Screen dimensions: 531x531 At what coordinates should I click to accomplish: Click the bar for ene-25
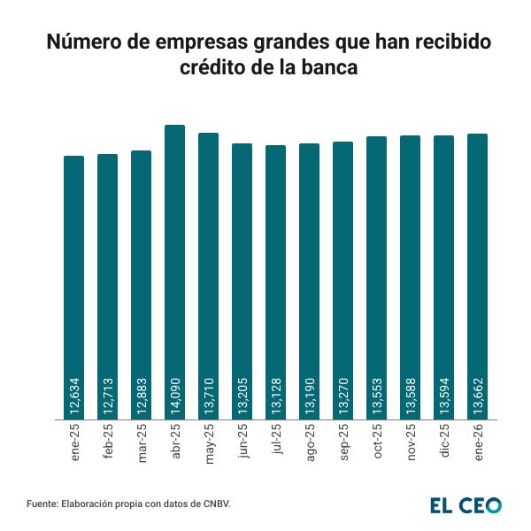click(x=73, y=265)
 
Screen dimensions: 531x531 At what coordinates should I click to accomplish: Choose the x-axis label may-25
click(x=209, y=441)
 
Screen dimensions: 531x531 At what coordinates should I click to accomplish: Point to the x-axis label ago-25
click(x=310, y=441)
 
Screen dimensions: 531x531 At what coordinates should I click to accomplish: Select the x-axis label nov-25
click(x=411, y=441)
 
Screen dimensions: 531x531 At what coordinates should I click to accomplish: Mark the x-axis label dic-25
click(x=444, y=441)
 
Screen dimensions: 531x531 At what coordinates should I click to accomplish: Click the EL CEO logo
click(x=466, y=505)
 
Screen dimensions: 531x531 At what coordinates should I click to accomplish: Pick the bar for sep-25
click(x=342, y=265)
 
